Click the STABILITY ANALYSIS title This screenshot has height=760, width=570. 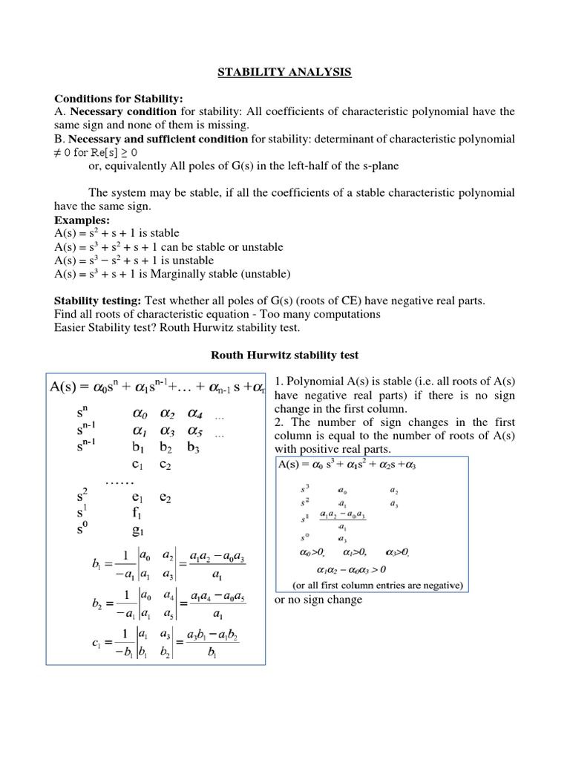[x=284, y=72]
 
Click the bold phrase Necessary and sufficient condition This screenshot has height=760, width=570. [x=158, y=139]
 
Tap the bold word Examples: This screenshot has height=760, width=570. [x=82, y=220]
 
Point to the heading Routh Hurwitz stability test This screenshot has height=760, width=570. [x=285, y=356]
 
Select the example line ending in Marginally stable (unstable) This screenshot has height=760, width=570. [x=171, y=274]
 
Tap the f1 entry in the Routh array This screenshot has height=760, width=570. [x=138, y=511]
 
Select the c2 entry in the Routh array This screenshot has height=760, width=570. [x=166, y=465]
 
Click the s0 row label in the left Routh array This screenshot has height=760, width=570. [x=82, y=529]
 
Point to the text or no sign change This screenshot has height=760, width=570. [x=318, y=600]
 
